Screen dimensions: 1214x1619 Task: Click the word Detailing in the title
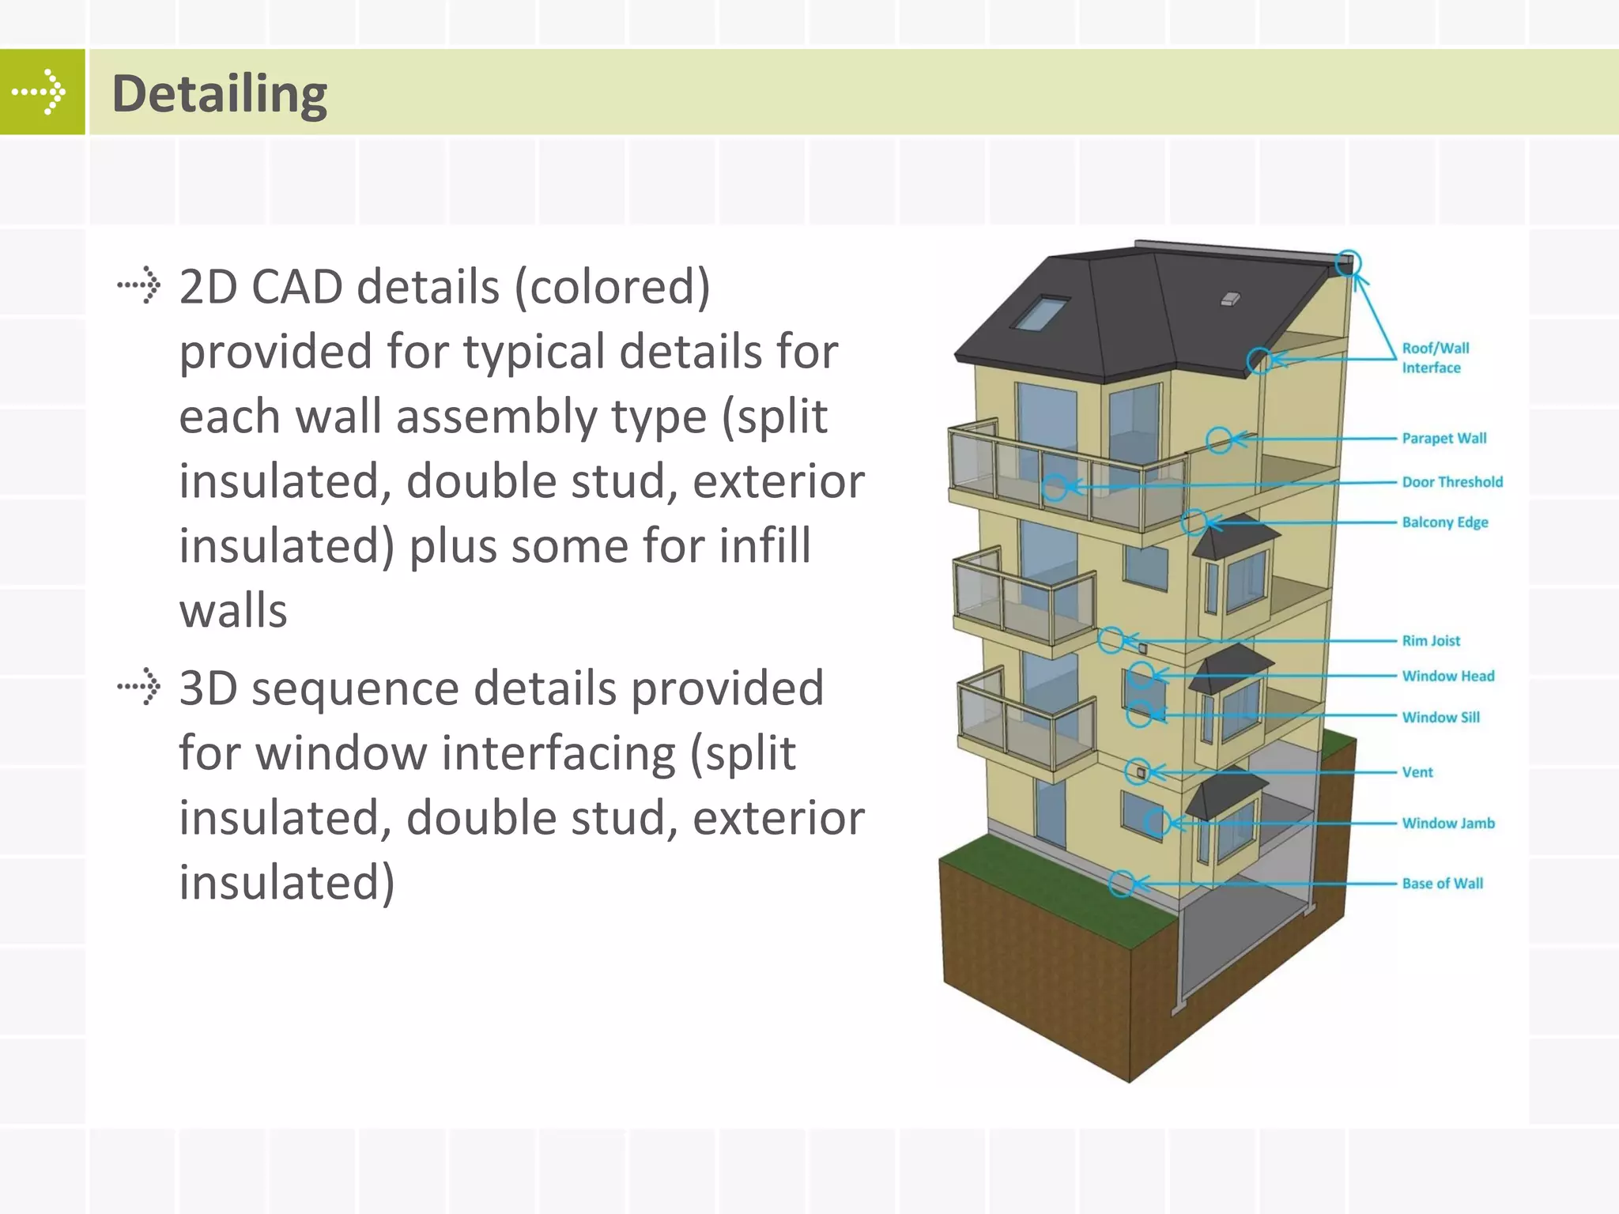pyautogui.click(x=219, y=94)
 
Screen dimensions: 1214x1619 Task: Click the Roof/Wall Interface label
pyautogui.click(x=1435, y=358)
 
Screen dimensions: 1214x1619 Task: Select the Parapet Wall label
pyautogui.click(x=1444, y=439)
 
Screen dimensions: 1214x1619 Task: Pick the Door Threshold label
pyautogui.click(x=1452, y=482)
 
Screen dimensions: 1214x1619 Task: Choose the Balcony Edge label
pyautogui.click(x=1444, y=522)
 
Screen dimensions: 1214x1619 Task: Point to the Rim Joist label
pyautogui.click(x=1431, y=641)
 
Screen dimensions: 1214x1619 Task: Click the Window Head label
pyautogui.click(x=1447, y=677)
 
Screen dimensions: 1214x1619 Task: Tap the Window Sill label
pyautogui.click(x=1440, y=718)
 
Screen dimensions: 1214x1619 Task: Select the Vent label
pyautogui.click(x=1417, y=772)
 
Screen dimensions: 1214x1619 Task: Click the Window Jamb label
pyautogui.click(x=1447, y=824)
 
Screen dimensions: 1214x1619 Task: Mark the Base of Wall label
pyautogui.click(x=1442, y=884)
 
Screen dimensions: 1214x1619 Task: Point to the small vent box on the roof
pyautogui.click(x=1230, y=299)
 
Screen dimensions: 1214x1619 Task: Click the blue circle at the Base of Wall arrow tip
pyautogui.click(x=1121, y=883)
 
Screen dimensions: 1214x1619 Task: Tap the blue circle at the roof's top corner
pyautogui.click(x=1348, y=263)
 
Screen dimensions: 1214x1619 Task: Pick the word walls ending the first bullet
pyautogui.click(x=233, y=611)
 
